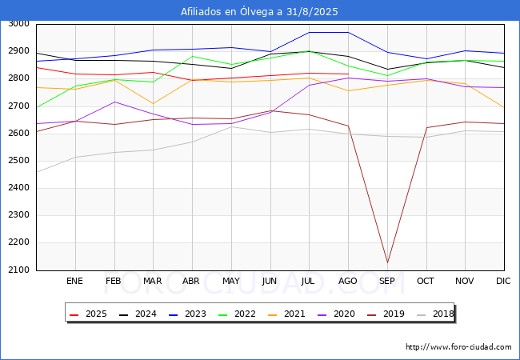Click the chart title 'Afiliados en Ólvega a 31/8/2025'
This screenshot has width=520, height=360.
click(259, 12)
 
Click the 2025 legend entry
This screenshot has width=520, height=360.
click(88, 314)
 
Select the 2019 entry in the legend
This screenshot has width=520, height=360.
click(386, 314)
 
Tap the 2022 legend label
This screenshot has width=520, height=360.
click(237, 314)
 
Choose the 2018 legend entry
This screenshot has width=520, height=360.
click(435, 314)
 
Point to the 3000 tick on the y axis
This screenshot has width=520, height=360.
click(18, 23)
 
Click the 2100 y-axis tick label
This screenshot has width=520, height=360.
click(18, 270)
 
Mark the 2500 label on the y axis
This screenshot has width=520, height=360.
click(18, 161)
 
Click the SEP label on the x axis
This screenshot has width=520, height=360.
click(387, 281)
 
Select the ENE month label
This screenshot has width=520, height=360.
click(74, 281)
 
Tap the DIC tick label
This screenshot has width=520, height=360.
click(503, 281)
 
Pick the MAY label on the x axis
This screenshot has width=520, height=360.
click(231, 281)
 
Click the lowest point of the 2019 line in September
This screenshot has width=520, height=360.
click(387, 263)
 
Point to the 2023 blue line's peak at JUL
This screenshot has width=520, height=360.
click(310, 33)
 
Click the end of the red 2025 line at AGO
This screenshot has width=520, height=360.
click(348, 74)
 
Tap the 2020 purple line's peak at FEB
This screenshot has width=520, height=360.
click(114, 102)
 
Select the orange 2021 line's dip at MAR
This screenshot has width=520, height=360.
click(154, 104)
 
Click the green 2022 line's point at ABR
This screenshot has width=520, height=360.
click(192, 56)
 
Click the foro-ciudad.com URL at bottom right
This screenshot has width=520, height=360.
click(458, 347)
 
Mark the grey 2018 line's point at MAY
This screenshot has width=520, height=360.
click(231, 126)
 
